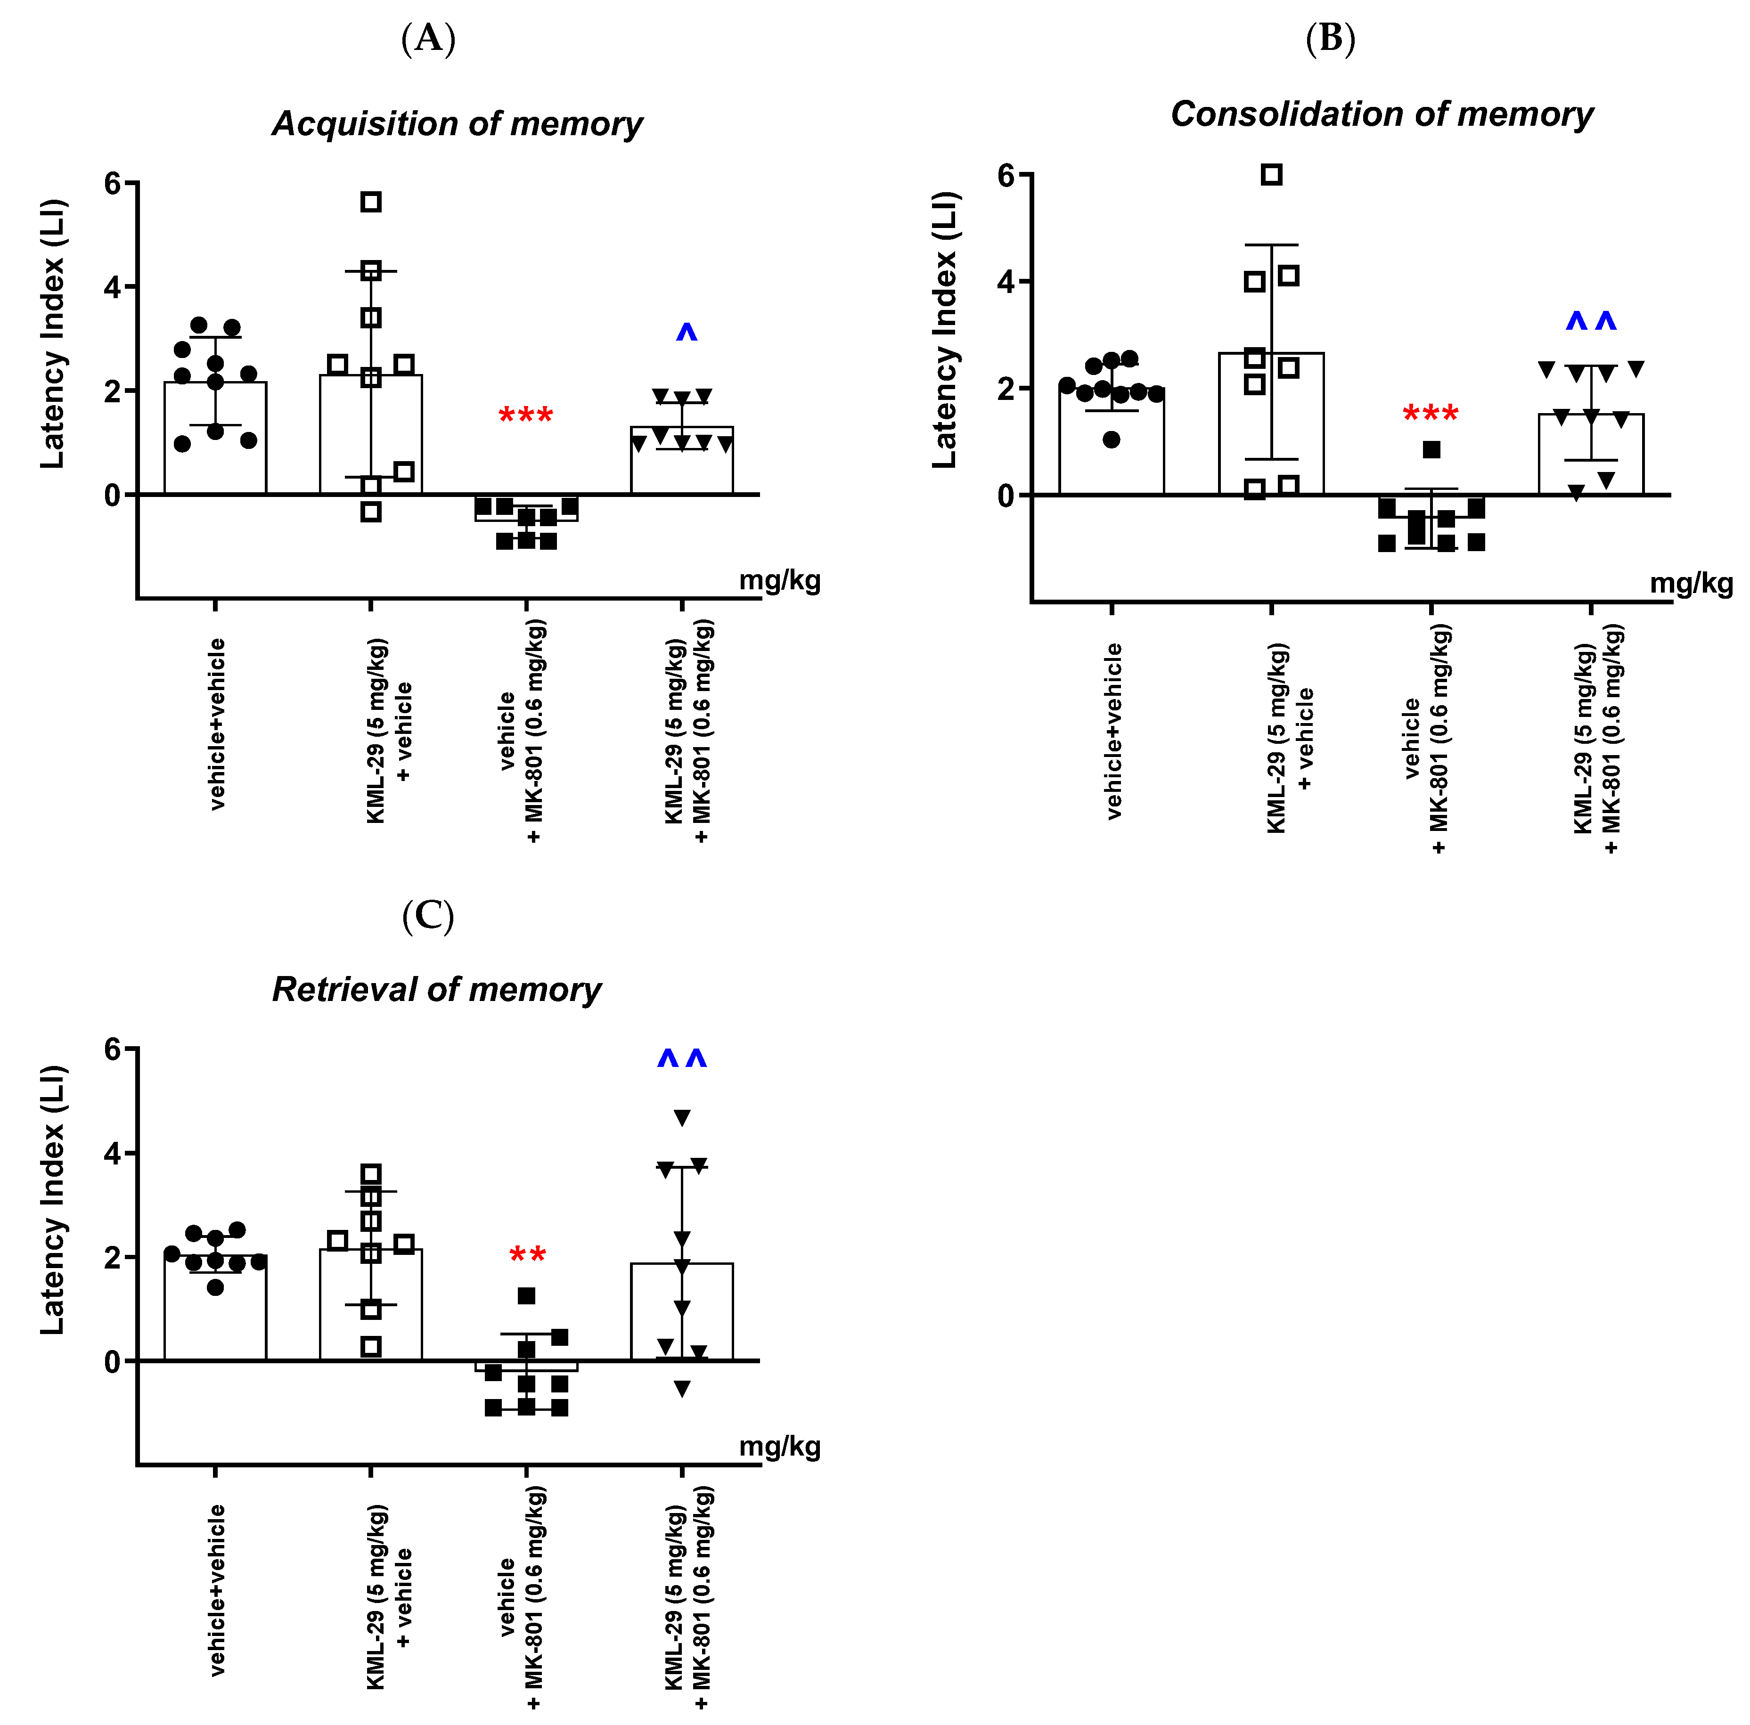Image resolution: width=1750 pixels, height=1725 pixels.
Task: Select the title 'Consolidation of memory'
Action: click(x=1382, y=114)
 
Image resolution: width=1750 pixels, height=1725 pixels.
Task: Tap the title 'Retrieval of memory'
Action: click(x=437, y=990)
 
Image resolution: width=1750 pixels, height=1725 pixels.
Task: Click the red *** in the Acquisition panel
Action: click(x=525, y=416)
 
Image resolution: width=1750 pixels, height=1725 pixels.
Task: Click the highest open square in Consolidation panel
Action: click(x=1272, y=175)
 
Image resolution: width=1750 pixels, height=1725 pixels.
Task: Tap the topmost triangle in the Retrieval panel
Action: click(x=682, y=1117)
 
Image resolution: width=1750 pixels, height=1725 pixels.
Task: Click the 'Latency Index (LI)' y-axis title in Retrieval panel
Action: click(x=52, y=1200)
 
